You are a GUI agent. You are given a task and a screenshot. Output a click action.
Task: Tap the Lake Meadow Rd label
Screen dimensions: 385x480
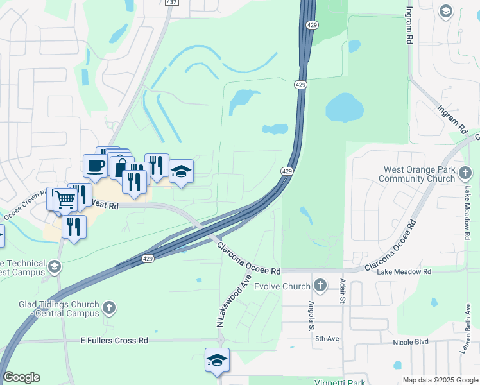tap(404, 272)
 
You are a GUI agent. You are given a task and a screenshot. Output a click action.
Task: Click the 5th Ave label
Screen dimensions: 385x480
tap(328, 338)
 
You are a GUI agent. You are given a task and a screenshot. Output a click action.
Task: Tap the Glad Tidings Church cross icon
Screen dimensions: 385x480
tap(109, 308)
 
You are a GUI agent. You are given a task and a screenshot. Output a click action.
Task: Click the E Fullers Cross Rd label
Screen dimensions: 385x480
tap(115, 340)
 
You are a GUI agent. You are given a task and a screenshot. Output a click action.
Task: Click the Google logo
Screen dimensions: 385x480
tap(21, 377)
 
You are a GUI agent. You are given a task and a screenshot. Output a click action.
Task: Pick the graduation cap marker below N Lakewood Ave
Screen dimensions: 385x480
tap(217, 361)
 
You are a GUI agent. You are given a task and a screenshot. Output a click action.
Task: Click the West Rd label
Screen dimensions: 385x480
tap(106, 205)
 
